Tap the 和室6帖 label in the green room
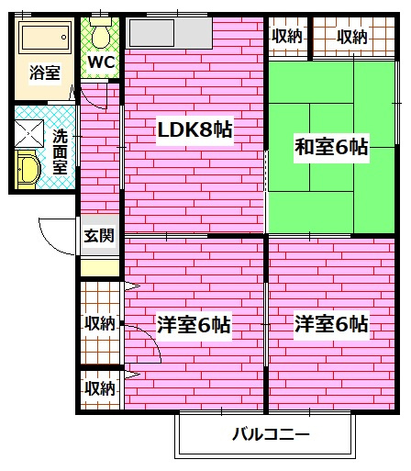(331, 145)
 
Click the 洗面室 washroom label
(61, 151)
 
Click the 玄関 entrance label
(99, 235)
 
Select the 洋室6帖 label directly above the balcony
(331, 324)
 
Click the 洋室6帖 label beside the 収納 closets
(193, 324)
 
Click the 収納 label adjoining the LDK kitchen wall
(286, 37)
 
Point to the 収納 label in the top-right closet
(350, 37)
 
